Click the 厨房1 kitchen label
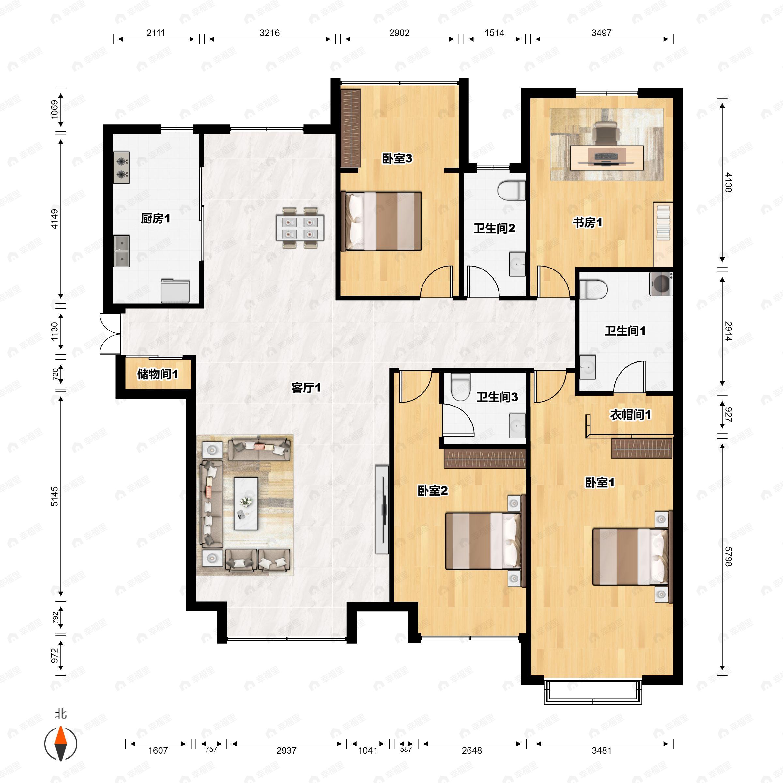(155, 219)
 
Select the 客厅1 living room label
(306, 388)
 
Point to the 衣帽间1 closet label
(630, 415)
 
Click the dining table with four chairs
(300, 228)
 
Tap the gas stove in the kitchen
(121, 168)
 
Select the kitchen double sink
(121, 251)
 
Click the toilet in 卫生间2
(512, 191)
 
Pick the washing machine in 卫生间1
(661, 284)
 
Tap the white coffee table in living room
(246, 503)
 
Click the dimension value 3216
(269, 33)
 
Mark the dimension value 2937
(286, 751)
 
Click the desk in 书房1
(607, 157)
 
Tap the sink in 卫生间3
(517, 425)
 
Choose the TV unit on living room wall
(382, 509)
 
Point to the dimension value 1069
(54, 110)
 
